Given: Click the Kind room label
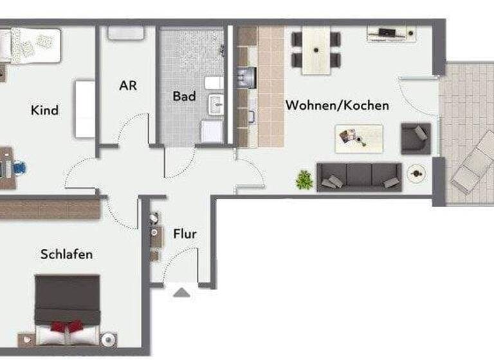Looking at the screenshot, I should point(44,110).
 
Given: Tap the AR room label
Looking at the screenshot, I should point(128,85).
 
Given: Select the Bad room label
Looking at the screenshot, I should point(184,96).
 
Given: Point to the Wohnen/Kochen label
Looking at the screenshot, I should point(337,105).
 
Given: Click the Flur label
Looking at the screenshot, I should point(185,234).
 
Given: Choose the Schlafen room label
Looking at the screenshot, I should point(66,254).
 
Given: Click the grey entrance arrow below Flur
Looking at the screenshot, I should point(182,292).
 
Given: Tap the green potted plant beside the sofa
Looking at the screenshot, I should point(304,179).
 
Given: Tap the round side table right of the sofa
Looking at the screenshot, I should point(416,172).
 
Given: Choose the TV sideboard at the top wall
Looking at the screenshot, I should point(390,33).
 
